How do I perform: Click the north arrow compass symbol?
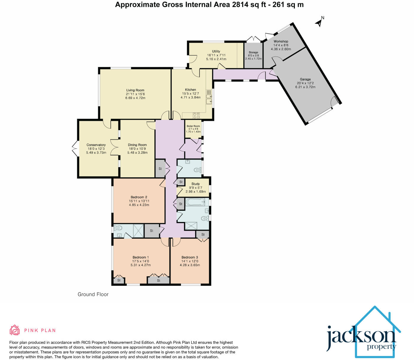(319, 22)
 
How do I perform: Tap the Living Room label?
(135, 90)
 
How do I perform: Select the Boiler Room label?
(193, 126)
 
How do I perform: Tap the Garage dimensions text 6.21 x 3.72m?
(305, 87)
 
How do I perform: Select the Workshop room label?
(281, 41)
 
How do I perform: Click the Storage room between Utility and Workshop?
(253, 56)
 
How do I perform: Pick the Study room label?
(195, 184)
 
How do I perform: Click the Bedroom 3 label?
(190, 257)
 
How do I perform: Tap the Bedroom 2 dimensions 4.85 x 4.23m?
(139, 205)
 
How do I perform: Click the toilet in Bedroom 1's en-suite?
(118, 228)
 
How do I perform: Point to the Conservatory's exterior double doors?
(75, 149)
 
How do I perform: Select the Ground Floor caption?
(93, 294)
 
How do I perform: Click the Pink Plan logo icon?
(14, 330)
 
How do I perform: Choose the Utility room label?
(216, 51)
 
